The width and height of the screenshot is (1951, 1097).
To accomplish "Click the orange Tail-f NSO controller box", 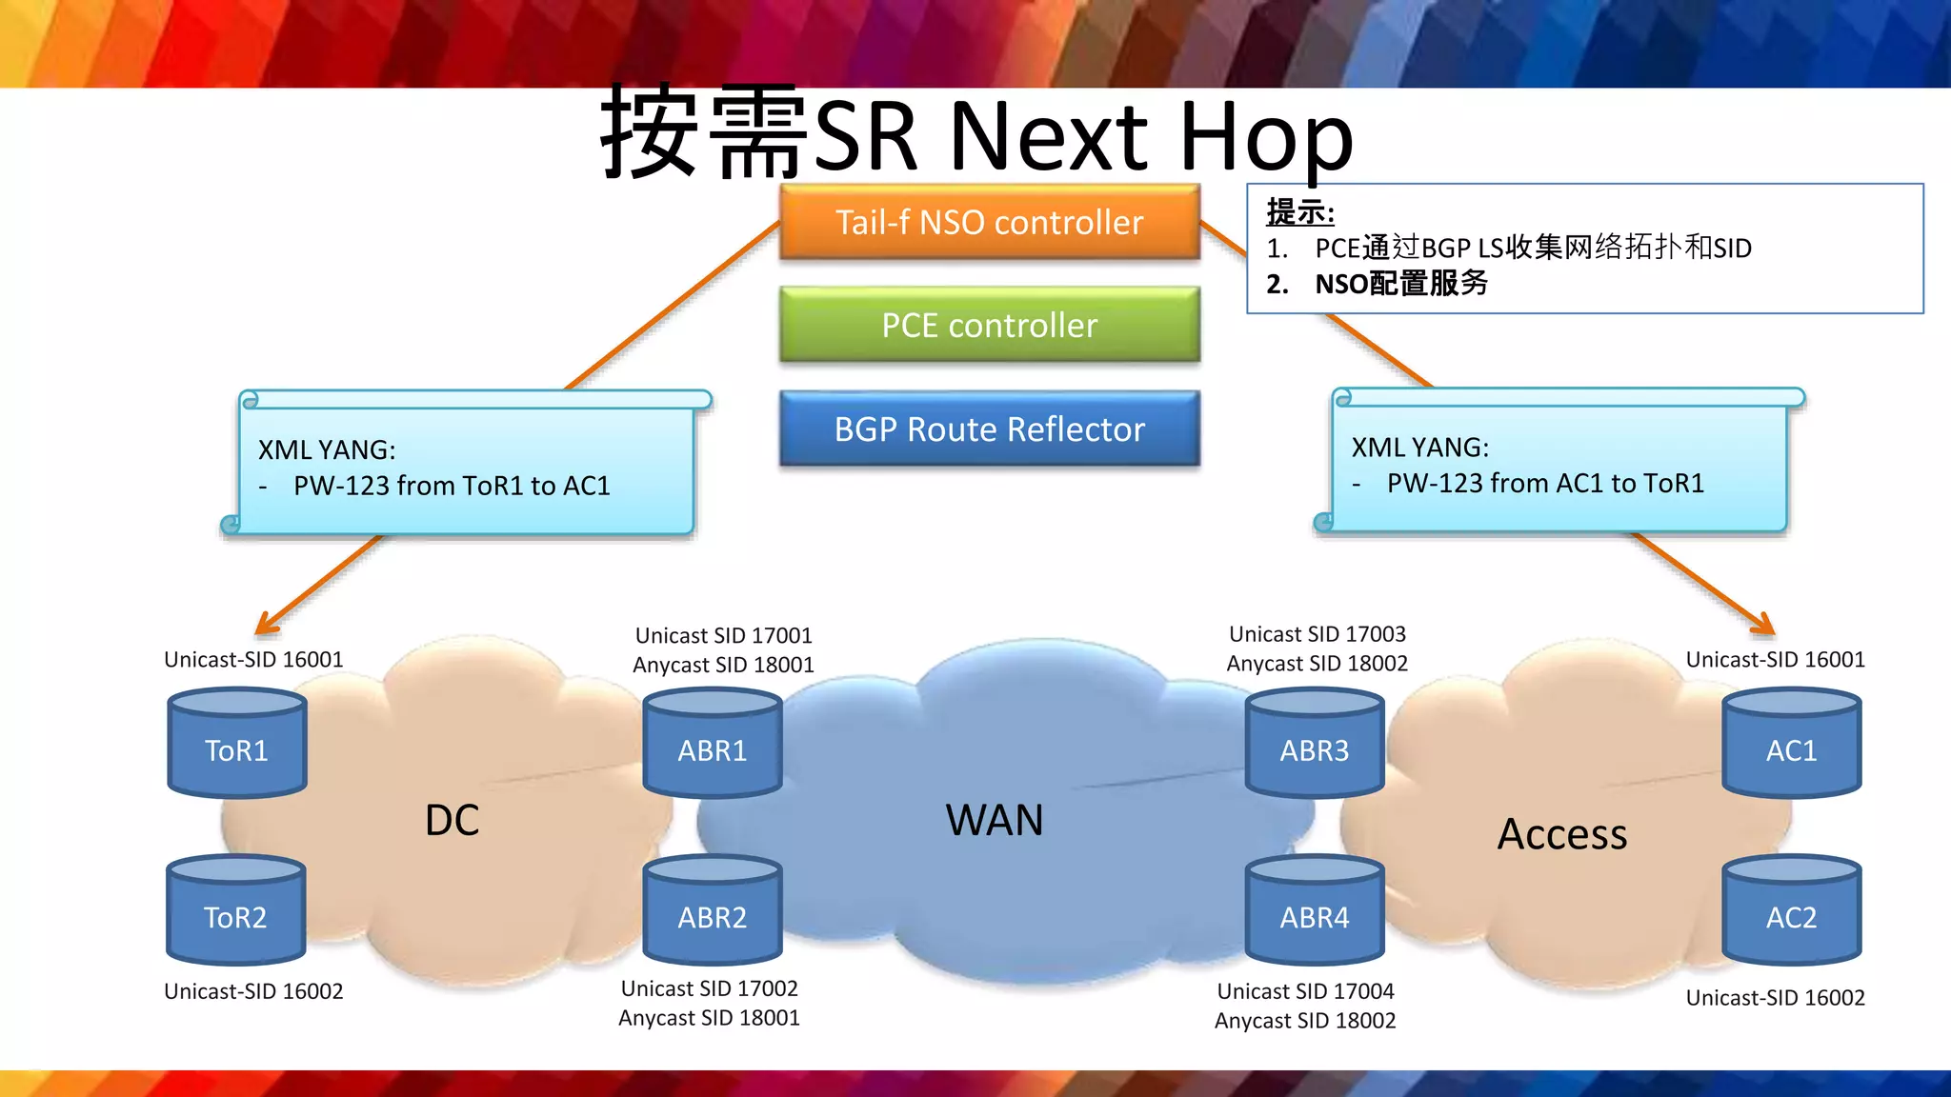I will pos(989,222).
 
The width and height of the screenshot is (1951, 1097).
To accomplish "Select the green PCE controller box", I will pos(989,325).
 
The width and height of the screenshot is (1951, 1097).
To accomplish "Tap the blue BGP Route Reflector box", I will pos(989,429).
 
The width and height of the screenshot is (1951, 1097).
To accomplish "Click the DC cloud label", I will pos(452,821).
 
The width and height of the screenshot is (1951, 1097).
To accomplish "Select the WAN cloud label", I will pos(994,821).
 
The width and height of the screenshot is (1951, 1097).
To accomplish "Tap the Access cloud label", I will pos(1561,835).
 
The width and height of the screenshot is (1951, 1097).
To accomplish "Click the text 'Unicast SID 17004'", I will pos(1305,991).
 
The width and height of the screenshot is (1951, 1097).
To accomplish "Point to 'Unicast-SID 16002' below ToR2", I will pos(253,991).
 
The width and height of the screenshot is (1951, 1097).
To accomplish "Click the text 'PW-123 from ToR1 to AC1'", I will pos(452,486).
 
